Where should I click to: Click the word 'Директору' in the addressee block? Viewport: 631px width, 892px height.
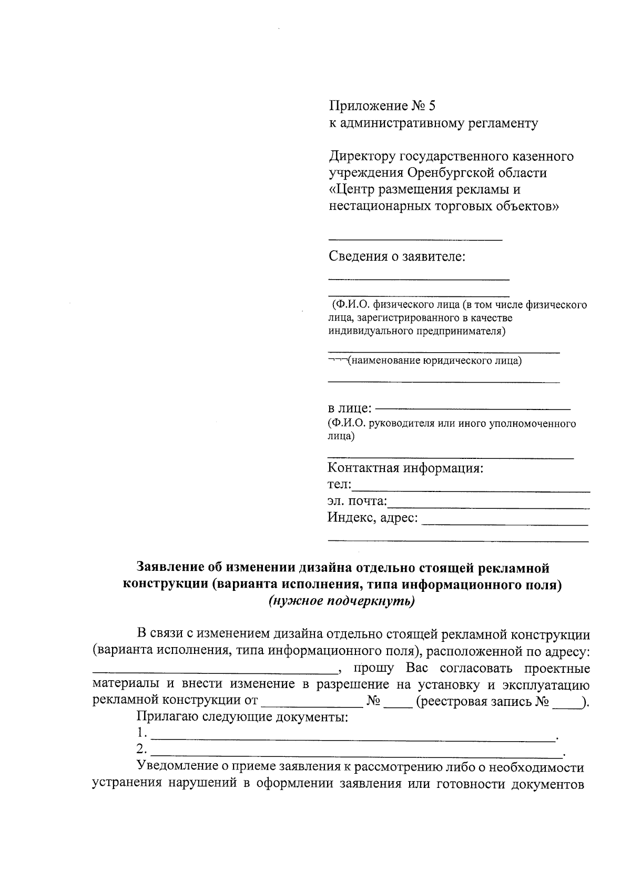tap(363, 157)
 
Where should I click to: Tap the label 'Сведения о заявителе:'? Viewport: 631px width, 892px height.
tap(397, 257)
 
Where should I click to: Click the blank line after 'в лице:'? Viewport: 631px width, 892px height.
tap(473, 408)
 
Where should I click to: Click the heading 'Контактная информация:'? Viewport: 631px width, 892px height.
tap(405, 468)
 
